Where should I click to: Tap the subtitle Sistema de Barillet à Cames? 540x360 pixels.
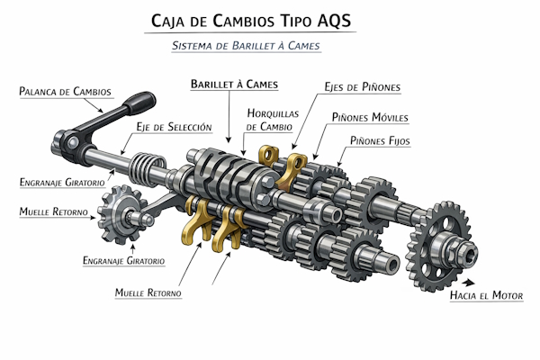coord(246,45)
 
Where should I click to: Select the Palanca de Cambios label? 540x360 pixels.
coord(65,91)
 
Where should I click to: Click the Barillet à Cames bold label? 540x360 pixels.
coord(233,84)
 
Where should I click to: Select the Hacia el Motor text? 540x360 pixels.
coord(485,294)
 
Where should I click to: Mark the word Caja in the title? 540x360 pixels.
coord(165,21)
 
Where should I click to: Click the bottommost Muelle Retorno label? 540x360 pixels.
coord(148,293)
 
